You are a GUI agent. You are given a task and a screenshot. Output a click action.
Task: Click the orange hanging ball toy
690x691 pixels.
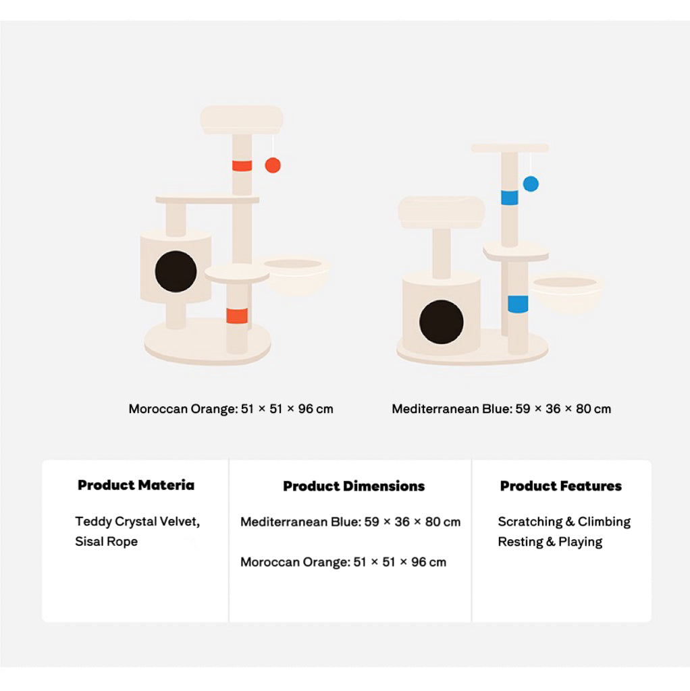point(273,165)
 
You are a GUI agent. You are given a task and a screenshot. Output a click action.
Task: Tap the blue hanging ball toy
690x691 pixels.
point(531,184)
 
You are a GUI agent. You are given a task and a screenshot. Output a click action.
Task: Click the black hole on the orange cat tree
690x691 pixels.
point(176,271)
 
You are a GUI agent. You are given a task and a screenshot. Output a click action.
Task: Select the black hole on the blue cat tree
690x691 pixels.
point(441,322)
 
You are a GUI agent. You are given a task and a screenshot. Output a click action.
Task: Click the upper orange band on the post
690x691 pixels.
point(242,166)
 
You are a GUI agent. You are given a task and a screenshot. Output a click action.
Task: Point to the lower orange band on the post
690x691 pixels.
point(237,316)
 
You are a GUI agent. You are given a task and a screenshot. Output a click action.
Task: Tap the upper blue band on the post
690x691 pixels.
point(509,198)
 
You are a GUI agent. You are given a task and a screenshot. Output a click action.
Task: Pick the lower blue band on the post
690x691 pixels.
point(518,304)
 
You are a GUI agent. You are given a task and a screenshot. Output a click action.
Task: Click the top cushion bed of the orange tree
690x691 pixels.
point(242,119)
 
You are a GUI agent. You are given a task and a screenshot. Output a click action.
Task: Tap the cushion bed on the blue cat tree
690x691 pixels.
point(442,213)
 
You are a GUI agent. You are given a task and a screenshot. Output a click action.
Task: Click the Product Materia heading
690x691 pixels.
point(136,485)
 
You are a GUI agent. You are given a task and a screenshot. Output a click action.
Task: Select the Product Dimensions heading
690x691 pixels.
point(354,486)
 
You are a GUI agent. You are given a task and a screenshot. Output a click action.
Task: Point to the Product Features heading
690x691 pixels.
point(561,486)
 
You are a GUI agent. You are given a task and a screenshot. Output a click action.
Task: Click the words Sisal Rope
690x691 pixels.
point(106,542)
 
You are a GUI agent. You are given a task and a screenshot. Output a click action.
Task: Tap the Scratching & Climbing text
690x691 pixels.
point(564,522)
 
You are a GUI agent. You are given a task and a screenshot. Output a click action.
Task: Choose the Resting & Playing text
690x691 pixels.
point(550,542)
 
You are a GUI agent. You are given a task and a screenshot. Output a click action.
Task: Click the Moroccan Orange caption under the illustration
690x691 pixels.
point(231,409)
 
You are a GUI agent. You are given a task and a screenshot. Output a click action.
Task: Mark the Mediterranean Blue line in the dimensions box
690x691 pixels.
point(350,522)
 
